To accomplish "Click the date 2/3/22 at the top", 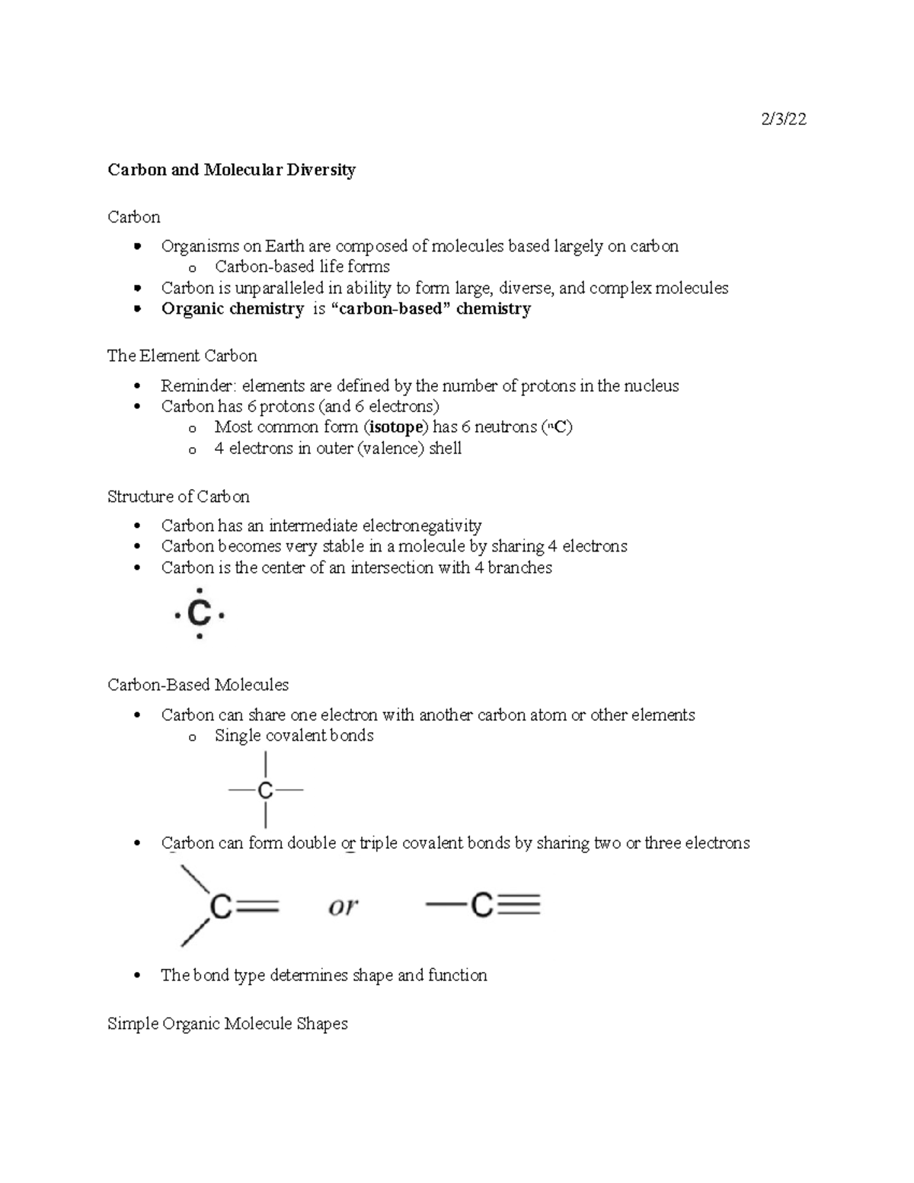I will pos(783,119).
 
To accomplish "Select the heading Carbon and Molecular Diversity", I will pos(232,169).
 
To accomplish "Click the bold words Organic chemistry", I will pos(232,309).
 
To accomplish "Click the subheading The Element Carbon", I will pos(182,356).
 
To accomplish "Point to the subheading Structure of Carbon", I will pos(178,497).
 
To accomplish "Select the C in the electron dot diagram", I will pos(199,614).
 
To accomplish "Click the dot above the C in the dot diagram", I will pos(199,590).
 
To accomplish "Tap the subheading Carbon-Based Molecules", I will pos(198,685).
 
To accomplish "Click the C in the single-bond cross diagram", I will pos(265,791).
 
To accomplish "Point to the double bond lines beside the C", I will pos(255,906).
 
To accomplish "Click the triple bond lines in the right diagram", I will pos(517,905).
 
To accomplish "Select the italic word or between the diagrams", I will pos(343,906).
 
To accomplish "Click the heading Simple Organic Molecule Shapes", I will pos(227,1023).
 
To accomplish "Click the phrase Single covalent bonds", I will pos(294,735).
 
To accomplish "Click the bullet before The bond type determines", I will pos(137,976).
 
